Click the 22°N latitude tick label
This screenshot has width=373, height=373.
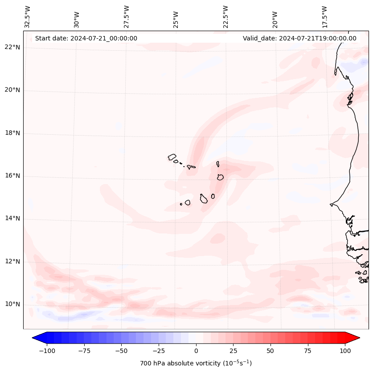click(12, 48)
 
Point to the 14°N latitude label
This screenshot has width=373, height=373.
click(12, 219)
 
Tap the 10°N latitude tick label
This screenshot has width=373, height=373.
click(12, 305)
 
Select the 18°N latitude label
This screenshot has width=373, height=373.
click(12, 133)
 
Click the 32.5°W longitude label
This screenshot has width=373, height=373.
click(28, 17)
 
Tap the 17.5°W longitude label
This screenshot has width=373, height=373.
click(324, 17)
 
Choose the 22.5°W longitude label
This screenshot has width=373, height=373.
click(225, 17)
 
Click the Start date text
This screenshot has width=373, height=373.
click(86, 38)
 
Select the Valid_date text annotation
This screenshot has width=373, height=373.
click(299, 38)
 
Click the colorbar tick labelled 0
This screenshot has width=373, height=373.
click(196, 351)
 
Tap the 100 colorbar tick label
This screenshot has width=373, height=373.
click(345, 351)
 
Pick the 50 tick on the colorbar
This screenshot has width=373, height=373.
click(271, 351)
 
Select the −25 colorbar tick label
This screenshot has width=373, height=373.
click(159, 351)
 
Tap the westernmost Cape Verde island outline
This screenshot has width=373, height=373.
click(172, 157)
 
